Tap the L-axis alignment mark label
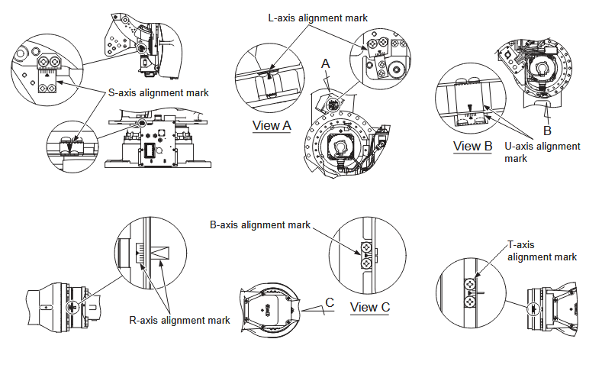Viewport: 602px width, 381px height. tap(318, 17)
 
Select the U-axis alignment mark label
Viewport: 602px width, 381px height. tap(542, 152)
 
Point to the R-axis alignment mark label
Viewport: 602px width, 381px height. tap(179, 320)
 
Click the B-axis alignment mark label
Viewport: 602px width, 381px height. tap(260, 224)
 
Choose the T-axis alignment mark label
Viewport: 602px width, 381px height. tap(541, 251)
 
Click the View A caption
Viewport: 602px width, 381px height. tap(271, 125)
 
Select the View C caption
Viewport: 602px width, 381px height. tap(370, 308)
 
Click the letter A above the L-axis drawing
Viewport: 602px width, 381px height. tap(326, 66)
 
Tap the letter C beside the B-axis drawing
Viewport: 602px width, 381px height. tap(330, 302)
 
